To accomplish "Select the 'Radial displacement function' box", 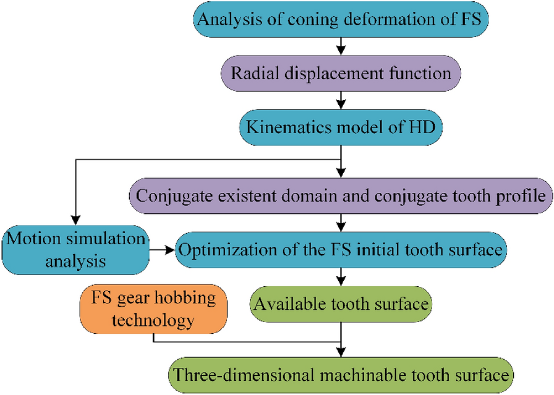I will coord(341,73).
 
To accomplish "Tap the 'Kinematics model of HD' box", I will coord(341,128).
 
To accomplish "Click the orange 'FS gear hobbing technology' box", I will coord(154,310).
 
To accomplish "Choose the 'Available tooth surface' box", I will coord(341,304).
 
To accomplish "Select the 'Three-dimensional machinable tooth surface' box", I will coord(341,374).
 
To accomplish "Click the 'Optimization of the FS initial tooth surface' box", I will coord(341,250).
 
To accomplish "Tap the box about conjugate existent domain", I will coord(341,197).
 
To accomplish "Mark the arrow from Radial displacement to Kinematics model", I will coord(341,100).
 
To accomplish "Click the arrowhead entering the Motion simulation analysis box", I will coord(75,223).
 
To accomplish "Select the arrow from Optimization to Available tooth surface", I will coord(341,277).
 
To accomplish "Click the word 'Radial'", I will coord(249,73).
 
